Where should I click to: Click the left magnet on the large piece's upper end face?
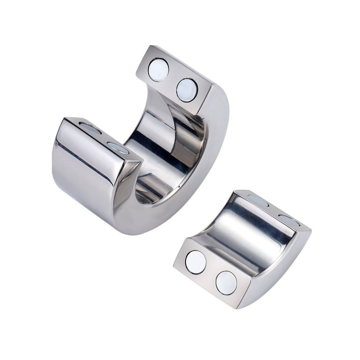(158, 70)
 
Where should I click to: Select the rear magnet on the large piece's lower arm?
(90, 128)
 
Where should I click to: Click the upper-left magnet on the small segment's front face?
(196, 262)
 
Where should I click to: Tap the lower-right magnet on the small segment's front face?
(226, 283)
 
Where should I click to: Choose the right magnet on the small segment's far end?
(289, 220)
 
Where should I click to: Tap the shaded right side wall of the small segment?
(280, 264)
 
